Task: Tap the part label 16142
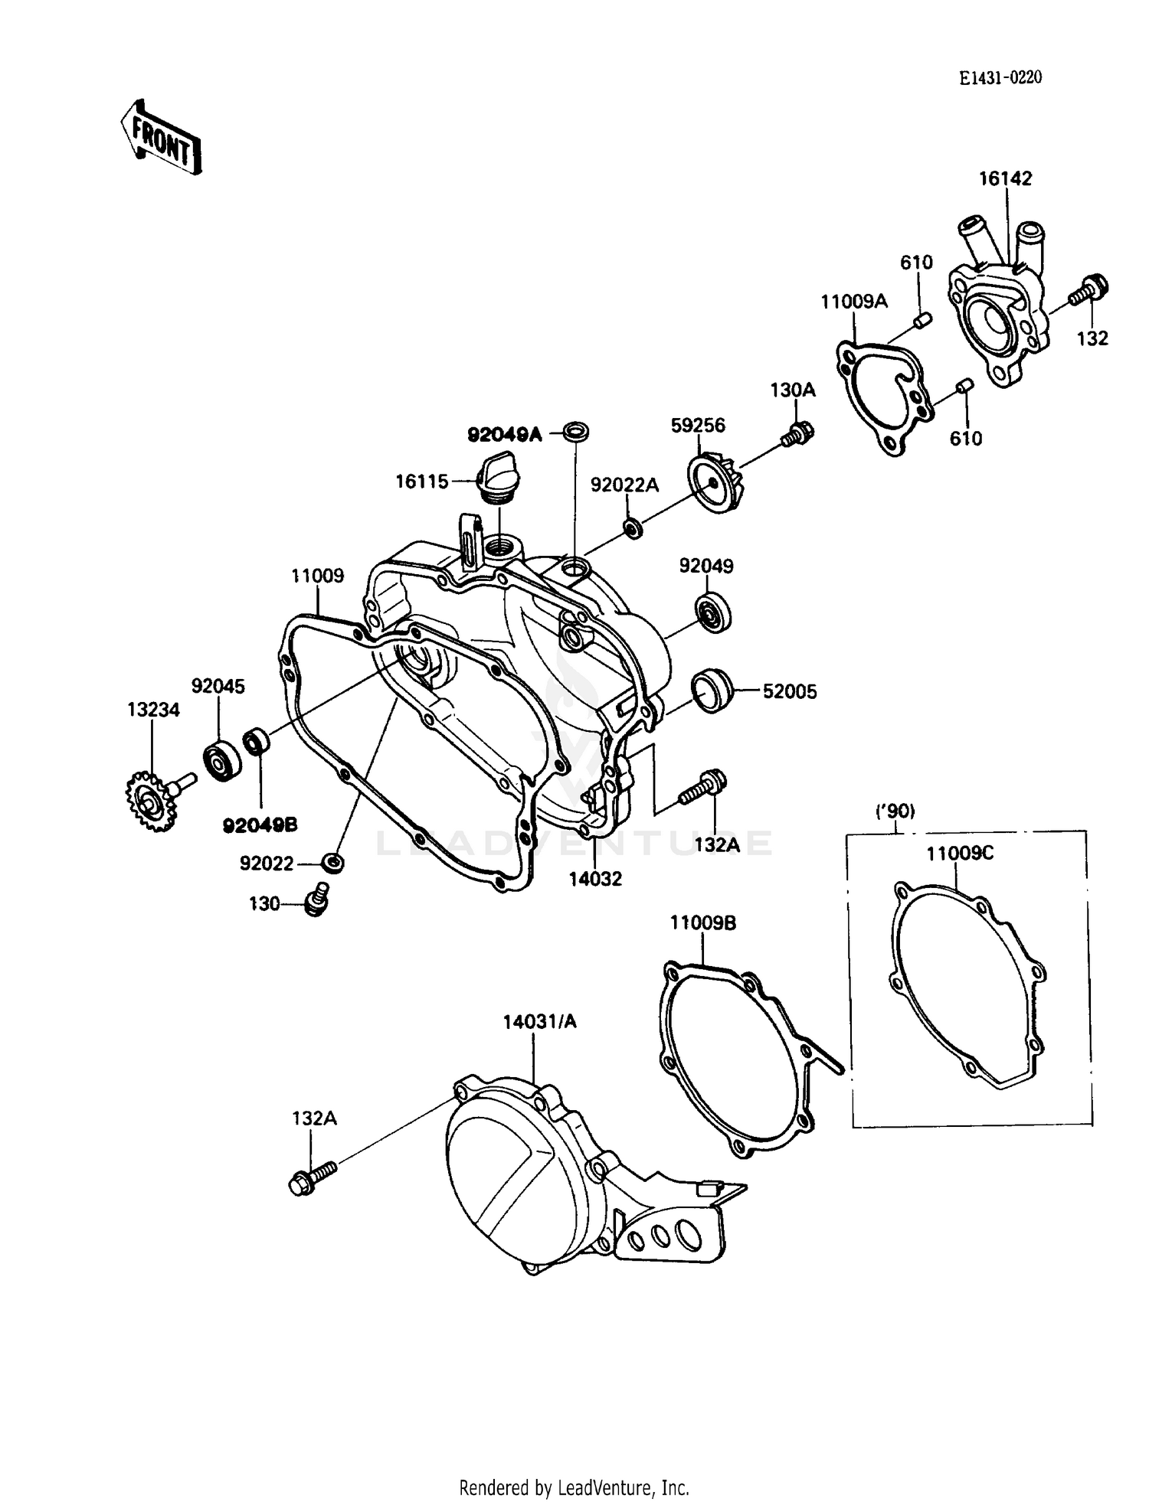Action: click(x=1005, y=178)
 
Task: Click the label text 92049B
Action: click(x=260, y=825)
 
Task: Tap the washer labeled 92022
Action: click(x=332, y=863)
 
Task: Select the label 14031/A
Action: click(x=539, y=1021)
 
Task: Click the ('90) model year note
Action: click(x=895, y=811)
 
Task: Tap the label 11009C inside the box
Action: click(x=959, y=853)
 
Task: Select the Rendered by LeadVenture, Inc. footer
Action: click(x=574, y=1487)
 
